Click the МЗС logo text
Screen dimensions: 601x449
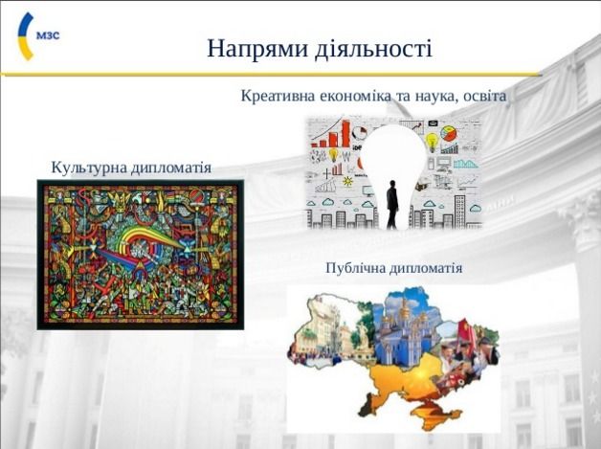(48, 35)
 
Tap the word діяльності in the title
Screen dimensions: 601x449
(373, 49)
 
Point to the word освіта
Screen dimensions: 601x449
(484, 96)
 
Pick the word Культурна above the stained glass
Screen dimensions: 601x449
(89, 168)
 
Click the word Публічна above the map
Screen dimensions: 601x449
(355, 267)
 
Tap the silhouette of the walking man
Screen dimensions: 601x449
(392, 204)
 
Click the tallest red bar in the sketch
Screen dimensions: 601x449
(345, 134)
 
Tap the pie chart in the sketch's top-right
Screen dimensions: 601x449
(449, 133)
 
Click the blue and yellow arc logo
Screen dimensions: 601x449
(25, 36)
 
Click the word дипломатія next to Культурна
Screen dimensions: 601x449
(171, 168)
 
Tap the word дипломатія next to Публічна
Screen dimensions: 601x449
(426, 268)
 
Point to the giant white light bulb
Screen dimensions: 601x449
(393, 168)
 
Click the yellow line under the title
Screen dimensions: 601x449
(271, 75)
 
